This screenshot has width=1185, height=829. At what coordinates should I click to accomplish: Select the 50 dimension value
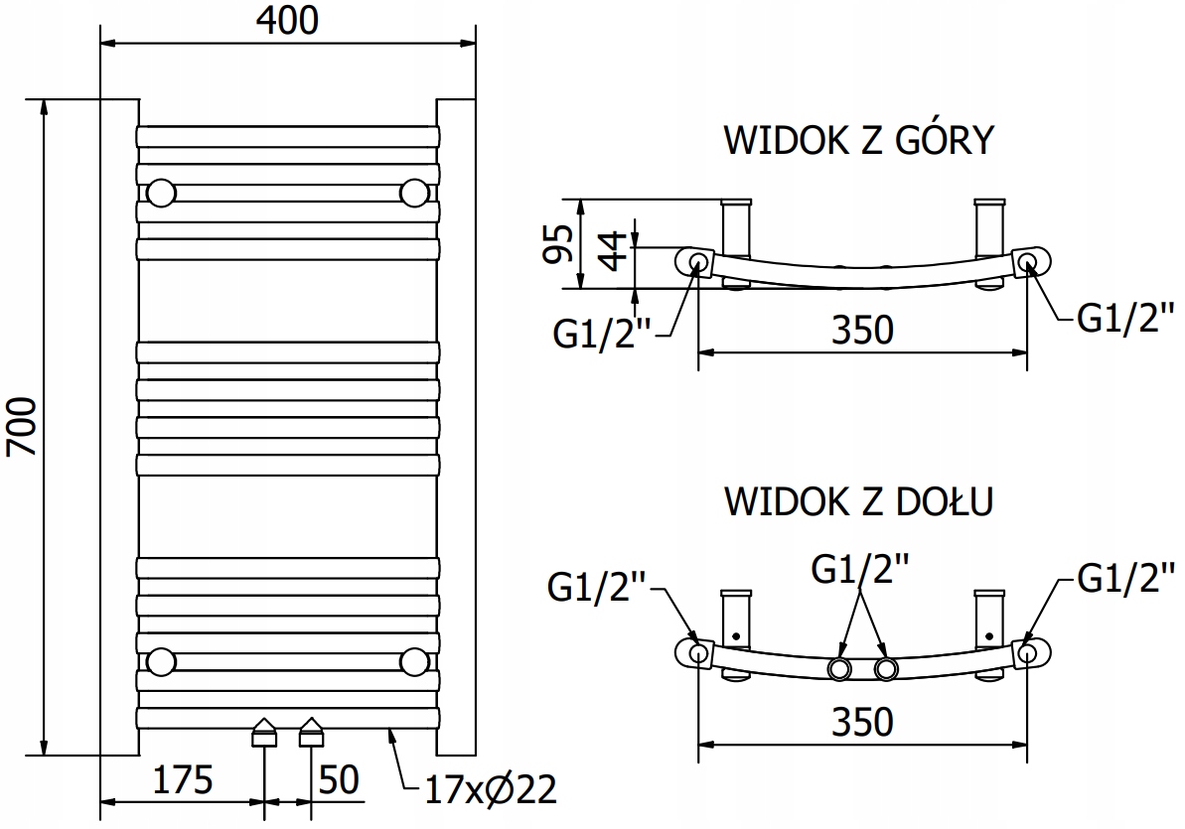pos(338,780)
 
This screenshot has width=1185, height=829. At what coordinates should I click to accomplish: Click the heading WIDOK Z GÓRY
pos(858,141)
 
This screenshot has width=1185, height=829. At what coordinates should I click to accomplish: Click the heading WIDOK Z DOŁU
pos(858,501)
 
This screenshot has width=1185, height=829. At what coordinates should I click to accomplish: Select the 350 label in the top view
pos(863,329)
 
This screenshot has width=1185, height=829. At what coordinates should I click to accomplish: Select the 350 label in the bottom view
pos(863,721)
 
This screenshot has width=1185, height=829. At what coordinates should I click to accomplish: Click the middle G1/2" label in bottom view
pos(860,571)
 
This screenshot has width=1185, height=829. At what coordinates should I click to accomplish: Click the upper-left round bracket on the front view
pos(161,192)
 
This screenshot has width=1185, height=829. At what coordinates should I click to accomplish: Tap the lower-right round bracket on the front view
pos(415,661)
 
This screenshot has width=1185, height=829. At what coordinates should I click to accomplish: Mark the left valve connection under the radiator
pos(265,733)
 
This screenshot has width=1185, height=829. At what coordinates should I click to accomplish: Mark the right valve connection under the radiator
pos(312,733)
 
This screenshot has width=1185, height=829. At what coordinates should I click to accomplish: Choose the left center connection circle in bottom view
pos(840,668)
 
